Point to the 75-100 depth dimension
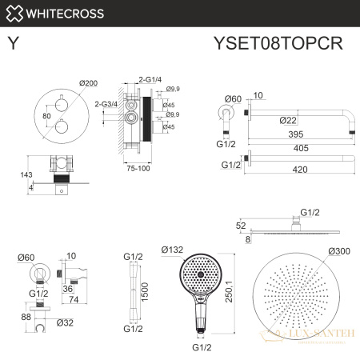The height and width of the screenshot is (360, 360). tap(138, 168)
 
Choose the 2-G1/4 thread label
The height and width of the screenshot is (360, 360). tap(150, 81)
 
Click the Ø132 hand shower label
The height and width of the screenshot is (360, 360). tap(173, 249)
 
